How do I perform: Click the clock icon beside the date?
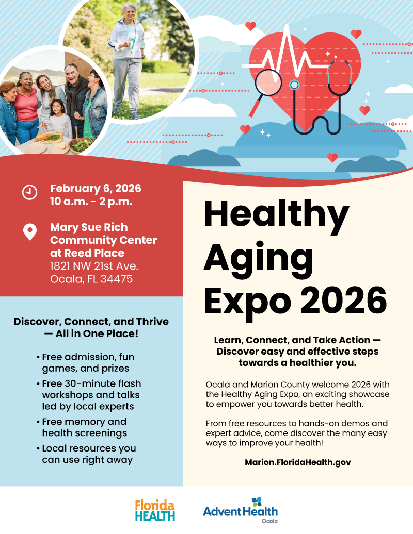(29, 192)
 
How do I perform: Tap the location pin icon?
(30, 232)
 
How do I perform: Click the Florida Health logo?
(155, 510)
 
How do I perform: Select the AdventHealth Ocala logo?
(240, 510)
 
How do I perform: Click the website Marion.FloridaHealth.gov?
(298, 462)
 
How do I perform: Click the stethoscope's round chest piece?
(294, 85)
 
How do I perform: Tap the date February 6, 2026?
(96, 188)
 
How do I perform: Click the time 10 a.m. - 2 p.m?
(91, 201)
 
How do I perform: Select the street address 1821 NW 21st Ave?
(94, 266)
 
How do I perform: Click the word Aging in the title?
(258, 256)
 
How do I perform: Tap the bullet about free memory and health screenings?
(84, 427)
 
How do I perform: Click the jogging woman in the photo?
(126, 57)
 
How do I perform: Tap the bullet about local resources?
(87, 454)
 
